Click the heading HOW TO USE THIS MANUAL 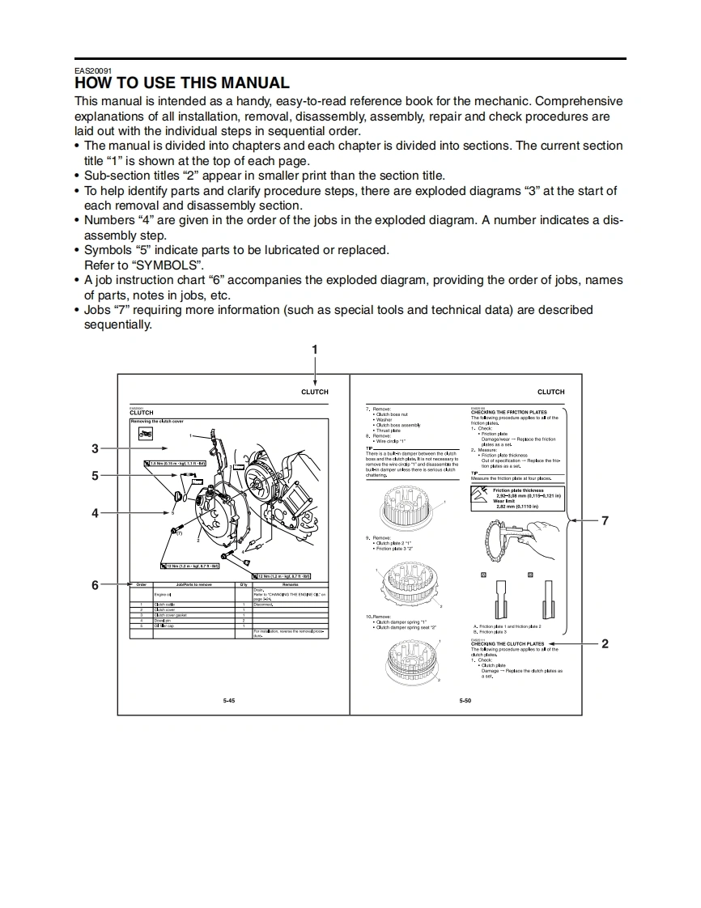(181, 83)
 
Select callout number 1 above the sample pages (315, 350)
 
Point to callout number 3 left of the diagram (95, 448)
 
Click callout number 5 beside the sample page (95, 476)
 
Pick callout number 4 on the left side (95, 513)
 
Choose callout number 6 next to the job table (95, 584)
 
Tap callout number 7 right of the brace (604, 520)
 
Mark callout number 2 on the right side (604, 644)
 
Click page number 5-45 (229, 700)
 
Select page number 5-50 (465, 700)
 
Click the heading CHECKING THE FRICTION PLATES (509, 412)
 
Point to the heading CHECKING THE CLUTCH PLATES (508, 644)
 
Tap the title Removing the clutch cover (157, 422)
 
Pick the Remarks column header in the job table (290, 583)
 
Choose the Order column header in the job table (141, 583)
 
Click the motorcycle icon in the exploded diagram (146, 434)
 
